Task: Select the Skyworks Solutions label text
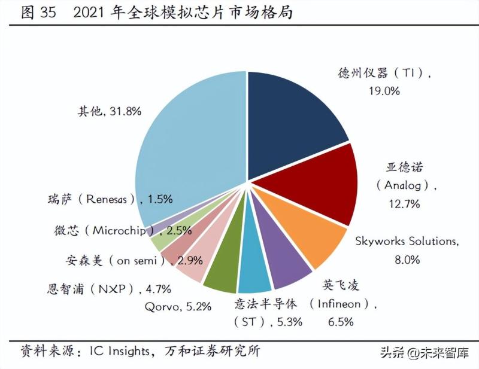(x=407, y=242)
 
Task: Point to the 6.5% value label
(x=340, y=322)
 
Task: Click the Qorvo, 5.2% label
(x=178, y=307)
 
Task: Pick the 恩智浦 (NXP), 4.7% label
(x=109, y=289)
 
